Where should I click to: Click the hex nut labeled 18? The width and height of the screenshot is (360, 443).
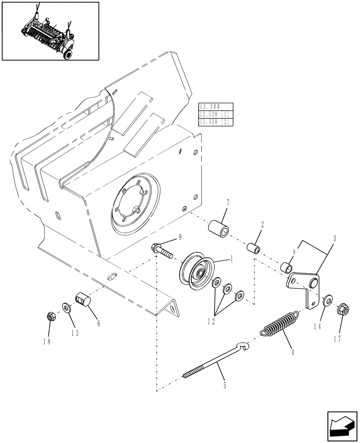(50, 317)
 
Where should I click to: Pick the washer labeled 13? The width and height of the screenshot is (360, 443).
(66, 307)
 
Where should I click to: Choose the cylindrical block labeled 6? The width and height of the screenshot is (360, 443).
(83, 300)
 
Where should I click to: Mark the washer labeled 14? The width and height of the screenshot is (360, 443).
(328, 300)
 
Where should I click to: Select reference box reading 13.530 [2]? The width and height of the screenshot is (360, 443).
(216, 121)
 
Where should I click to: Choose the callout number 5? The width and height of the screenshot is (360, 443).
(224, 386)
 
